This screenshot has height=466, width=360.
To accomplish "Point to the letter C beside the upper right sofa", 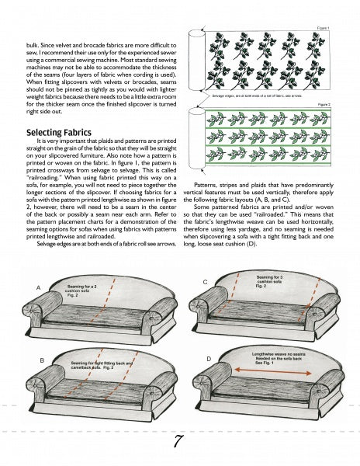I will [x=205, y=280].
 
